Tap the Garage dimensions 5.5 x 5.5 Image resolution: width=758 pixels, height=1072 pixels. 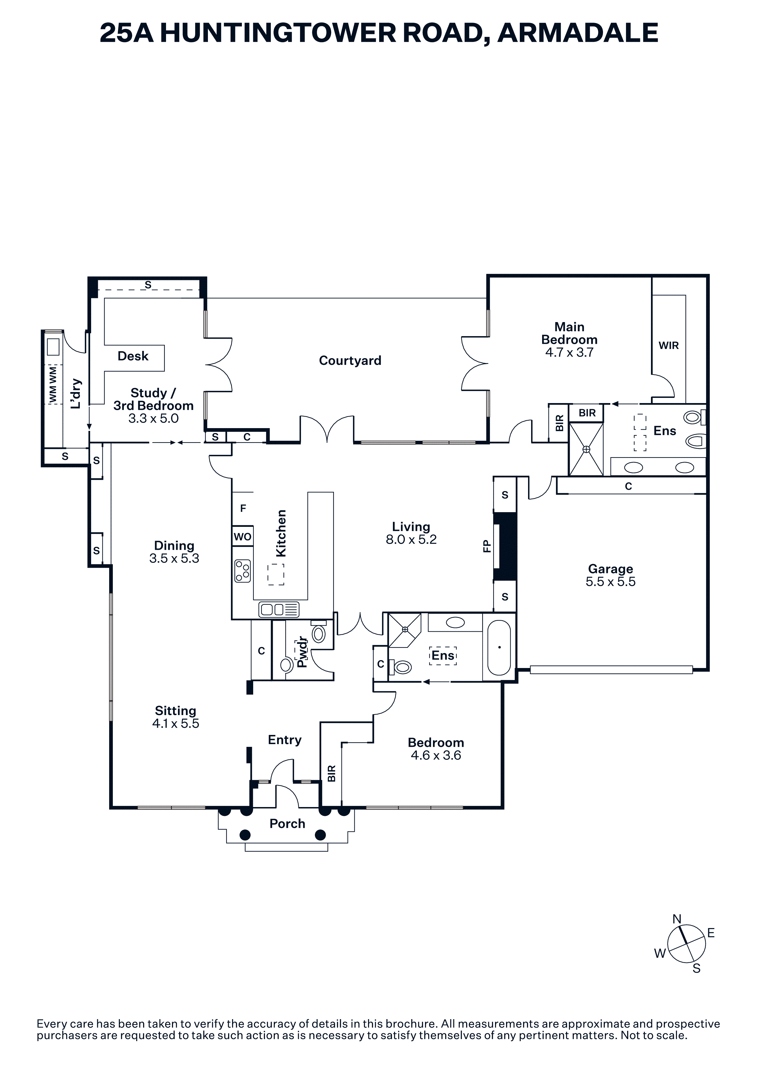[x=610, y=582]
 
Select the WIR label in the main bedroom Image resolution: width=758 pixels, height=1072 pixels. [x=668, y=346]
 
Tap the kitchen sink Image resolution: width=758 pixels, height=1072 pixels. [x=279, y=609]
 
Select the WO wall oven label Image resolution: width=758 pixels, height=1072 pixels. [x=242, y=537]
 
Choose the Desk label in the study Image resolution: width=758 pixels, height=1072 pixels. [x=133, y=356]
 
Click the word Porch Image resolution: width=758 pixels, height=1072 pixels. [x=287, y=824]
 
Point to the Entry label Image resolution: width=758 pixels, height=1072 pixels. [x=284, y=740]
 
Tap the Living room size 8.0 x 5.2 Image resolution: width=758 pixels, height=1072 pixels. [x=411, y=540]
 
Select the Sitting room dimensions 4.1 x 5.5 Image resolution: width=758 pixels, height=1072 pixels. [x=176, y=724]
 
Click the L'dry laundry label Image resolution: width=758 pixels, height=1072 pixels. [x=76, y=394]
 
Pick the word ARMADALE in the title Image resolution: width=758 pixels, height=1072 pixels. [x=578, y=33]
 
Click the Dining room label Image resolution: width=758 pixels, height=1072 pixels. [x=174, y=545]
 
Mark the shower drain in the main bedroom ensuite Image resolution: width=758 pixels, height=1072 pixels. [x=586, y=449]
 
